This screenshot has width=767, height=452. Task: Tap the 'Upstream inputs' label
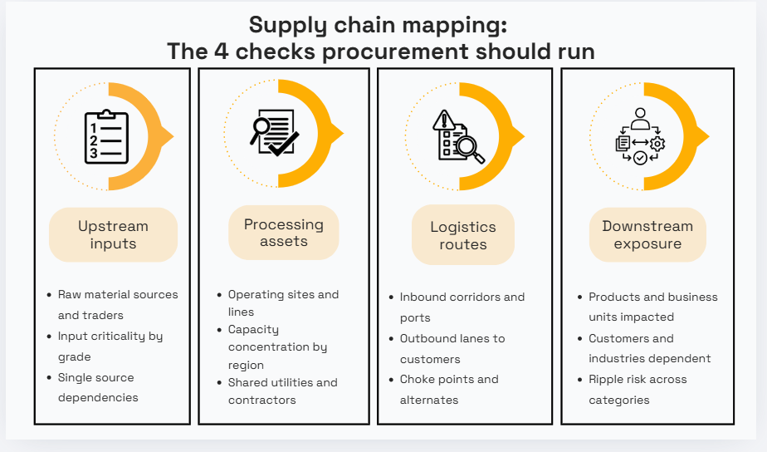[113, 235]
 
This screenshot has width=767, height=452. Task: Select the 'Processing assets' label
[284, 233]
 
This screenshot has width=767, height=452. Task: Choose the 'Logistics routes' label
[463, 235]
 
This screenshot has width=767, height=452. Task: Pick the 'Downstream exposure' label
[647, 235]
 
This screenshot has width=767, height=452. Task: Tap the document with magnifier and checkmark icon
[275, 132]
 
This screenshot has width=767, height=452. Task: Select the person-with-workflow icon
[639, 136]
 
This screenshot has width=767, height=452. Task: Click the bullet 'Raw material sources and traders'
[117, 305]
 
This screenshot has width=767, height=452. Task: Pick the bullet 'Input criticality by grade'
[110, 346]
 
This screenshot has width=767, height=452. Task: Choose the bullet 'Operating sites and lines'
[282, 303]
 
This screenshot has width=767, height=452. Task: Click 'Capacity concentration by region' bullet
[277, 347]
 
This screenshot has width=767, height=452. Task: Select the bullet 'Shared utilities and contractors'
[282, 391]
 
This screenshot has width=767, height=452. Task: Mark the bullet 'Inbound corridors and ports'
[462, 307]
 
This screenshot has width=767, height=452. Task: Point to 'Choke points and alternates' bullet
[448, 389]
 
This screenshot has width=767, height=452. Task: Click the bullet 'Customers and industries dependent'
[649, 348]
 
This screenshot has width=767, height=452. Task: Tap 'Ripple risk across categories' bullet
[638, 389]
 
